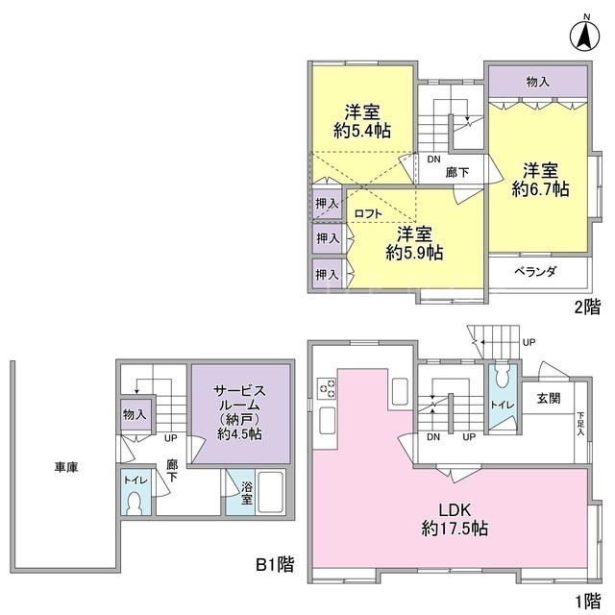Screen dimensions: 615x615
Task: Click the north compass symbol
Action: (x=584, y=34)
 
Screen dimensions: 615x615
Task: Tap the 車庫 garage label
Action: (x=66, y=467)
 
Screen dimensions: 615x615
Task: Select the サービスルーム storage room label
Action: (x=239, y=412)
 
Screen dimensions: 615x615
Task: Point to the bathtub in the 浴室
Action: (x=271, y=492)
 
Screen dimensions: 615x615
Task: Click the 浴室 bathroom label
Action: (x=247, y=493)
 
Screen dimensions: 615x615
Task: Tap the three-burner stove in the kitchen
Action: (x=327, y=388)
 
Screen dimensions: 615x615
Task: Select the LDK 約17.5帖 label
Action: (x=455, y=519)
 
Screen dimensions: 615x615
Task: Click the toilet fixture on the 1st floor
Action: (x=502, y=376)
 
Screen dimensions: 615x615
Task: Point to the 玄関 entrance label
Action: (x=549, y=399)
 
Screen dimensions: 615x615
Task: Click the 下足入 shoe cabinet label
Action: (x=580, y=423)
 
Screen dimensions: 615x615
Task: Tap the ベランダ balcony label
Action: (x=535, y=271)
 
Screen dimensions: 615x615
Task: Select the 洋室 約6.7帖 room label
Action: (x=540, y=180)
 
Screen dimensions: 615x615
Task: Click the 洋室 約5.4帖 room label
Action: (x=362, y=121)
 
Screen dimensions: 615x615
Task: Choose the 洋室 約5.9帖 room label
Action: (x=414, y=243)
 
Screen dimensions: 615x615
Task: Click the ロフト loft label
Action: (x=367, y=213)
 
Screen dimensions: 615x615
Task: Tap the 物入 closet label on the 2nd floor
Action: (x=538, y=82)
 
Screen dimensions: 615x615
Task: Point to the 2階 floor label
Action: (x=587, y=307)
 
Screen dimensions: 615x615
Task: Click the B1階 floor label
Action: (x=275, y=565)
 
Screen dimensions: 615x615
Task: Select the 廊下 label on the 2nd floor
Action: (x=457, y=172)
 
